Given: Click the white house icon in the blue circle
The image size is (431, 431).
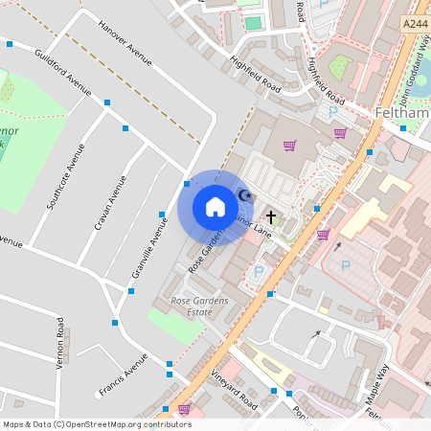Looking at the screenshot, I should point(215,207).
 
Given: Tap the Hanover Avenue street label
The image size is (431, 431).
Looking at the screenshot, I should point(125,44).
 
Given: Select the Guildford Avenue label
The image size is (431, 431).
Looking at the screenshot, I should point(61,72).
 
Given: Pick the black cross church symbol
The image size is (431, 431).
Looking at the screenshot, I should point(271,217).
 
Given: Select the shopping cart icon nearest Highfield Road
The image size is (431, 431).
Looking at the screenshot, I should point(289,146).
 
